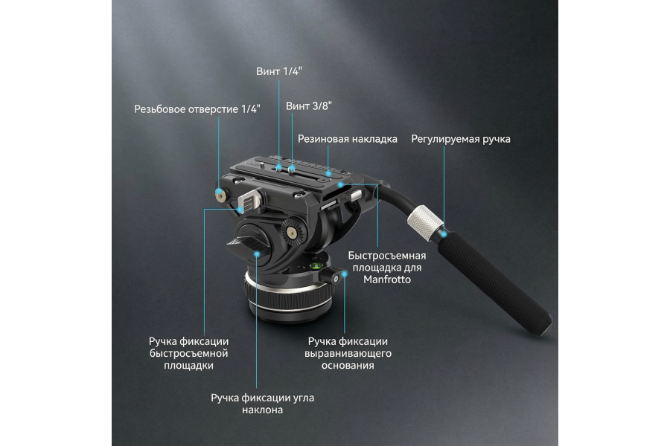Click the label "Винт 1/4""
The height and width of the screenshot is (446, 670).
(x=279, y=71)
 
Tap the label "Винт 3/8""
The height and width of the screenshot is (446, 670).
(x=308, y=106)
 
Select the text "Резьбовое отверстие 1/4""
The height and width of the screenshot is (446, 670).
(x=197, y=109)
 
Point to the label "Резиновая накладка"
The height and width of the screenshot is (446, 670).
(x=348, y=139)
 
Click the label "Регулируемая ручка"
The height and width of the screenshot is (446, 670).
(x=461, y=139)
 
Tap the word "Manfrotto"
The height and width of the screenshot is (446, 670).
(x=387, y=279)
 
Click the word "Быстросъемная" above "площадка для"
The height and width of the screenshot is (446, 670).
(x=386, y=256)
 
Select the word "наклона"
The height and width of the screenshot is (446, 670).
(x=262, y=410)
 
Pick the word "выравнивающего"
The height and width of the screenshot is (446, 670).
(x=348, y=353)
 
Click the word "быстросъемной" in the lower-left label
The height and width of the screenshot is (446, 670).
(x=188, y=353)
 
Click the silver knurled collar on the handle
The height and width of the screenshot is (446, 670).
(x=425, y=221)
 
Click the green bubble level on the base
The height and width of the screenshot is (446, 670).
(x=316, y=267)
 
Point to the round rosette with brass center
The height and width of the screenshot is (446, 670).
(x=293, y=233)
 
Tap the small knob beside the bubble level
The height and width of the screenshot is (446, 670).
(x=336, y=277)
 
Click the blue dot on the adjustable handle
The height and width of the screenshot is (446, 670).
(x=444, y=234)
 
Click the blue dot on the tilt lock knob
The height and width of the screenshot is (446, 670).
(x=257, y=254)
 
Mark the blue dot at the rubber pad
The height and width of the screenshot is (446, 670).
(x=328, y=174)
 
